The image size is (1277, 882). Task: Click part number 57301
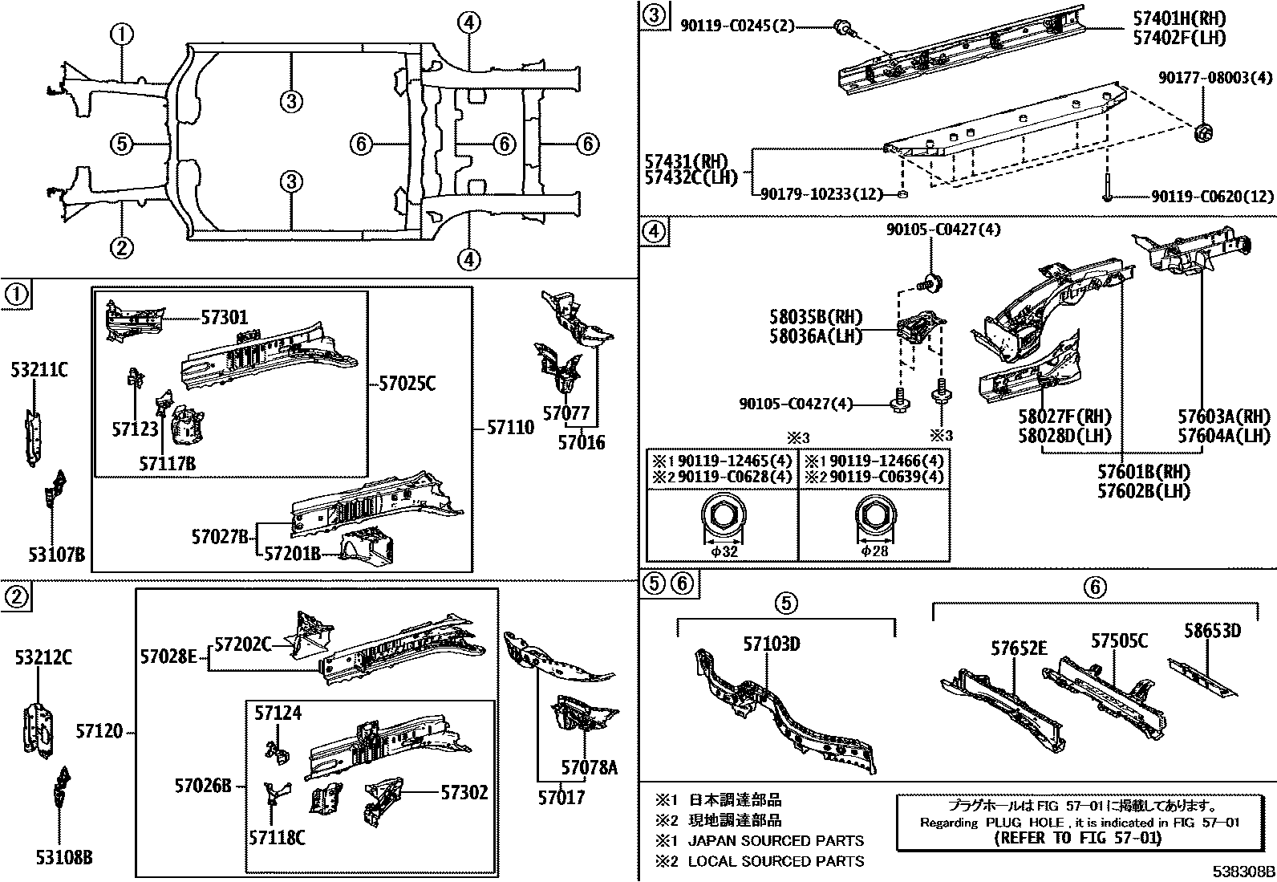click(x=225, y=319)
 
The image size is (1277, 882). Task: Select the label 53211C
click(x=39, y=370)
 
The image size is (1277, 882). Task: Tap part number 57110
click(x=510, y=428)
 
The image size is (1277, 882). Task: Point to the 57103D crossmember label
click(x=771, y=644)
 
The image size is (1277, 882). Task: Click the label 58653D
click(x=1212, y=631)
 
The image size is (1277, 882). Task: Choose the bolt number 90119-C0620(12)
click(x=1212, y=196)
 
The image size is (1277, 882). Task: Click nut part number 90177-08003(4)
click(x=1215, y=78)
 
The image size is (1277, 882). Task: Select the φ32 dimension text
click(x=725, y=551)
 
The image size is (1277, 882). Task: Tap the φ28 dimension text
click(x=876, y=551)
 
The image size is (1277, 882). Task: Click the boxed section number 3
click(x=654, y=16)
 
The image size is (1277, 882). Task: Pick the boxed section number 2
click(x=17, y=596)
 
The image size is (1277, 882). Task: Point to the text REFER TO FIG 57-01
click(x=1077, y=838)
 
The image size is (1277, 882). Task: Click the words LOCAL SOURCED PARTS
click(x=776, y=861)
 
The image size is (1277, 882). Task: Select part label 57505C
click(x=1118, y=640)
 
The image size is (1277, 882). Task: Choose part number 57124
click(x=278, y=712)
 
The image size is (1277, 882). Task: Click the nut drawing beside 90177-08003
click(x=1203, y=133)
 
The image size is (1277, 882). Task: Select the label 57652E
click(x=1019, y=648)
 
